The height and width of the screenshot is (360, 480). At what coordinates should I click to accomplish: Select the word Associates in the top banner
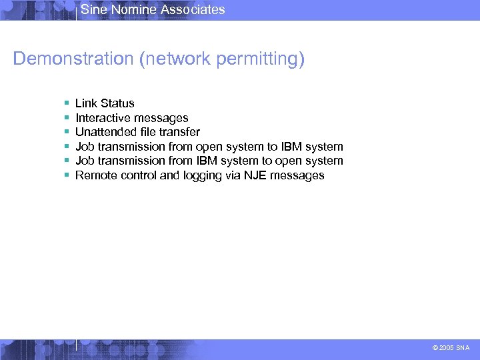coord(194,9)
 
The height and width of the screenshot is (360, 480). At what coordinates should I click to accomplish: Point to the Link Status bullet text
coord(105,103)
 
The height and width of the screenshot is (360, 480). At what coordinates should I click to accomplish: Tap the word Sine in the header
coord(93,9)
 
